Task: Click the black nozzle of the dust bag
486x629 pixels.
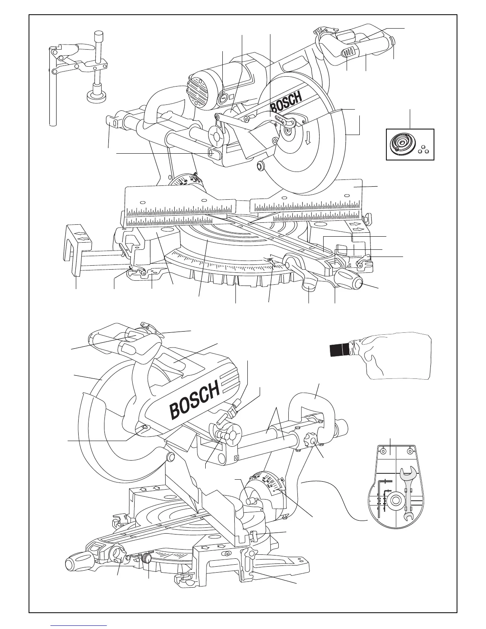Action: [340, 350]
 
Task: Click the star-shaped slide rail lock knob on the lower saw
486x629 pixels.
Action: [310, 441]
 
